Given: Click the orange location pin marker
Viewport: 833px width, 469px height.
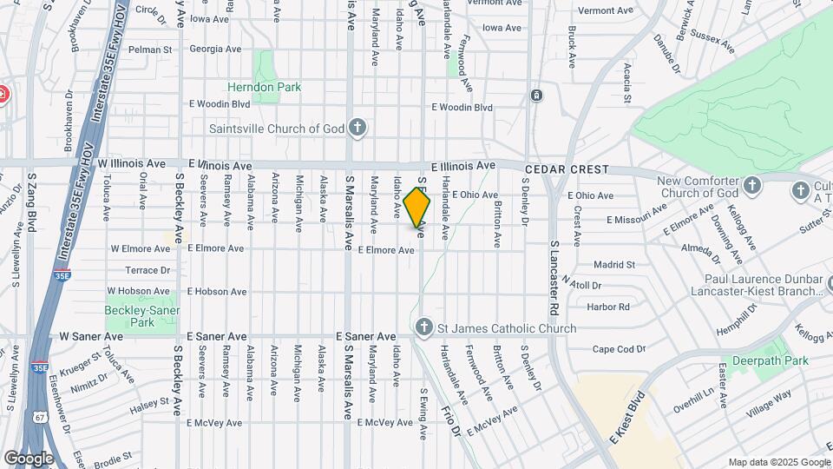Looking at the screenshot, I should coord(417,207).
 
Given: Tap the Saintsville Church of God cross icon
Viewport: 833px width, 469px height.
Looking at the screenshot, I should coord(357,129).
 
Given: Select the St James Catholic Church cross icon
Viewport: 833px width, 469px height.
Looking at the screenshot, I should coord(423,327).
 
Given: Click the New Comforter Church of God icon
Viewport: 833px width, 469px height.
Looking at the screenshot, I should coord(751,185).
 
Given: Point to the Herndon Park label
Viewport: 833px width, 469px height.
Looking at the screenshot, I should coord(264,87).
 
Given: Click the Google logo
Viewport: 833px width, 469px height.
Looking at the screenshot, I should coord(30,458).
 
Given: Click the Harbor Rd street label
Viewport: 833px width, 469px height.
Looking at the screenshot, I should coord(607,307).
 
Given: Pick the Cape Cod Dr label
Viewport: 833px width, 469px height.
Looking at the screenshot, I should coord(620,349).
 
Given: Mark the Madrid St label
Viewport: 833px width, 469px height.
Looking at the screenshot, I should coord(614,264).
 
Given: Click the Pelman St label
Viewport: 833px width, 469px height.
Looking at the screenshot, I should coord(150,50).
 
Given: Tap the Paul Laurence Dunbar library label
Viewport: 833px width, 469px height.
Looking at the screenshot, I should coord(751,285).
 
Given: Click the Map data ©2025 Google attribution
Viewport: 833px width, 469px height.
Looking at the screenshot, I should coord(777,462).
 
